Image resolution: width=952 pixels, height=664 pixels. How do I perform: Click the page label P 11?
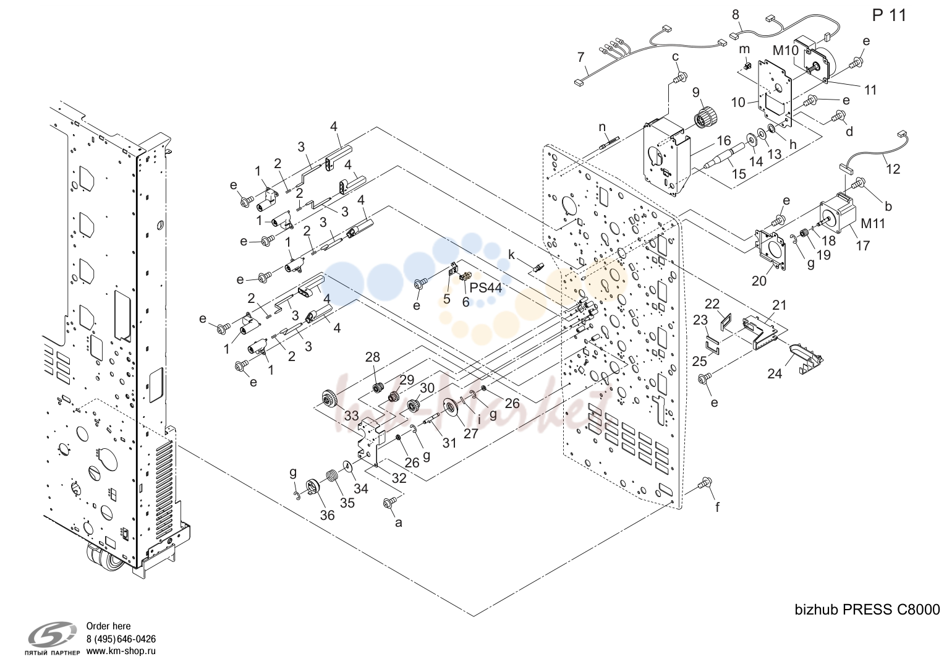point(889,15)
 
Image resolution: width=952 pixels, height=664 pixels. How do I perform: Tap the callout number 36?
point(327,515)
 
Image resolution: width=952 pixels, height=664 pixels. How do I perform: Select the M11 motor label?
point(873,223)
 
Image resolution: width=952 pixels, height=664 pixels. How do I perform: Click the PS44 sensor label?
point(486,287)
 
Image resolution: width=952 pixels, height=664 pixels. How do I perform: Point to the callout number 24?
point(775,373)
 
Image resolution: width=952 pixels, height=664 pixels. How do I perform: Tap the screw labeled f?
point(705,483)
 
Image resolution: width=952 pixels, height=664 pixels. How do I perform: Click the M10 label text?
point(786,51)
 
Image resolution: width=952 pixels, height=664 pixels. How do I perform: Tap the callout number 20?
point(759,281)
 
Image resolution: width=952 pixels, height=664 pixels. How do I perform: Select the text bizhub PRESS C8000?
point(867,610)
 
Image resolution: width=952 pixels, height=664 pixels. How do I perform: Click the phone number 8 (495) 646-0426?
point(121,639)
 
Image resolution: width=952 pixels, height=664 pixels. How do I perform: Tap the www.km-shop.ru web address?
point(121,651)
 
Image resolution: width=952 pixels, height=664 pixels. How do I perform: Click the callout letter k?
point(511,255)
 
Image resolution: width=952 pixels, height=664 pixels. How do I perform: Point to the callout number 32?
point(399,479)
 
